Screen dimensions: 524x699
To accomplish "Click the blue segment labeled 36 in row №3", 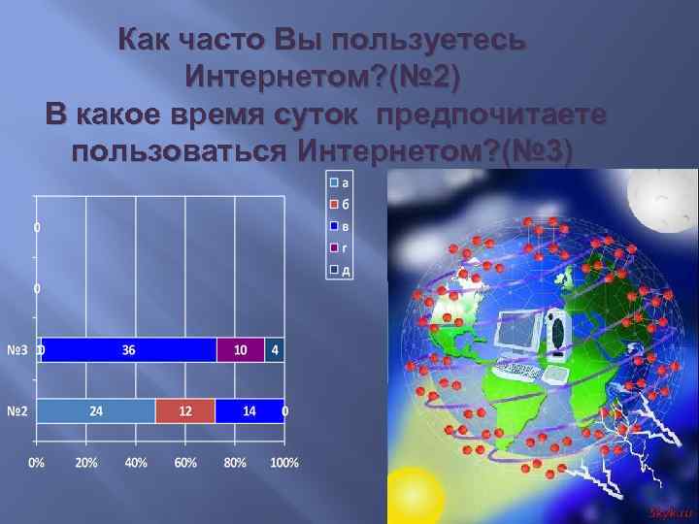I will tap(128, 349).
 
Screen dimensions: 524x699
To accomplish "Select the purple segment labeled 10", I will tap(241, 349).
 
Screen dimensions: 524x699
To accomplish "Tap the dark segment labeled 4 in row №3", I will tap(275, 349).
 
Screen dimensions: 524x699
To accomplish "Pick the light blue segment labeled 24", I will tap(96, 411).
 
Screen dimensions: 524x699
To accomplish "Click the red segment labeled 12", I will tap(184, 411).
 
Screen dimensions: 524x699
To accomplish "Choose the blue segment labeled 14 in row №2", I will tap(250, 411).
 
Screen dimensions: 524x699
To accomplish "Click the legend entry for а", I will tap(340, 180).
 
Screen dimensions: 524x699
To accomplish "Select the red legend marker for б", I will tap(334, 204).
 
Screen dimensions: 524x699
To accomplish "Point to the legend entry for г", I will tap(340, 248).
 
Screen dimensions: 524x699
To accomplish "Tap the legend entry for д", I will tap(340, 271).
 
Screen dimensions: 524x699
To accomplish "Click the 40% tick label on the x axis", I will tap(135, 462).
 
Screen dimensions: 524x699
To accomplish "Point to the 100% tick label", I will tap(283, 462).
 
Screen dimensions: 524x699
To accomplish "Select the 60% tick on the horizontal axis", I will tap(184, 462).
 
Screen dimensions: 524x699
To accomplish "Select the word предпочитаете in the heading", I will tap(493, 115).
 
